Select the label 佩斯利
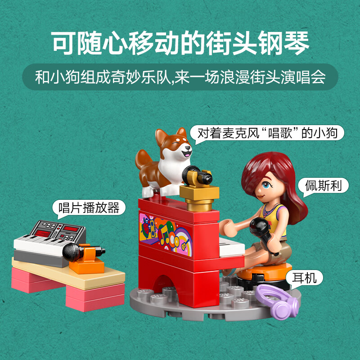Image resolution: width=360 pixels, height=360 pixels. point(323,185)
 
